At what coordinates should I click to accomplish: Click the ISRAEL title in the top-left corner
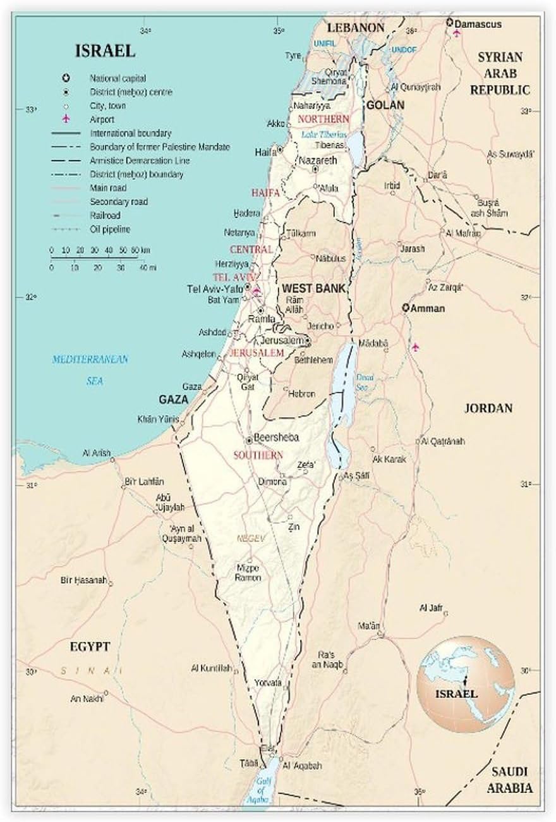coord(105,51)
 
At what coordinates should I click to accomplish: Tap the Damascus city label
coord(478,24)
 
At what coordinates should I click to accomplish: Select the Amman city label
coord(428,309)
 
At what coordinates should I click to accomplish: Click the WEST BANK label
coord(314,288)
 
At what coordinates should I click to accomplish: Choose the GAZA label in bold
coord(174,400)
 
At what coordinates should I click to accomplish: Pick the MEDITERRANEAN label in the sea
coord(90,359)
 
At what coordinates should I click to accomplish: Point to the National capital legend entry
coord(118,78)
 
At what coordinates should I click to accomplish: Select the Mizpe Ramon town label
coord(248,573)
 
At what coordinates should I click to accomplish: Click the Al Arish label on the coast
coord(96,453)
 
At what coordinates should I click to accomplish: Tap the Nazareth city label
coord(318,161)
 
